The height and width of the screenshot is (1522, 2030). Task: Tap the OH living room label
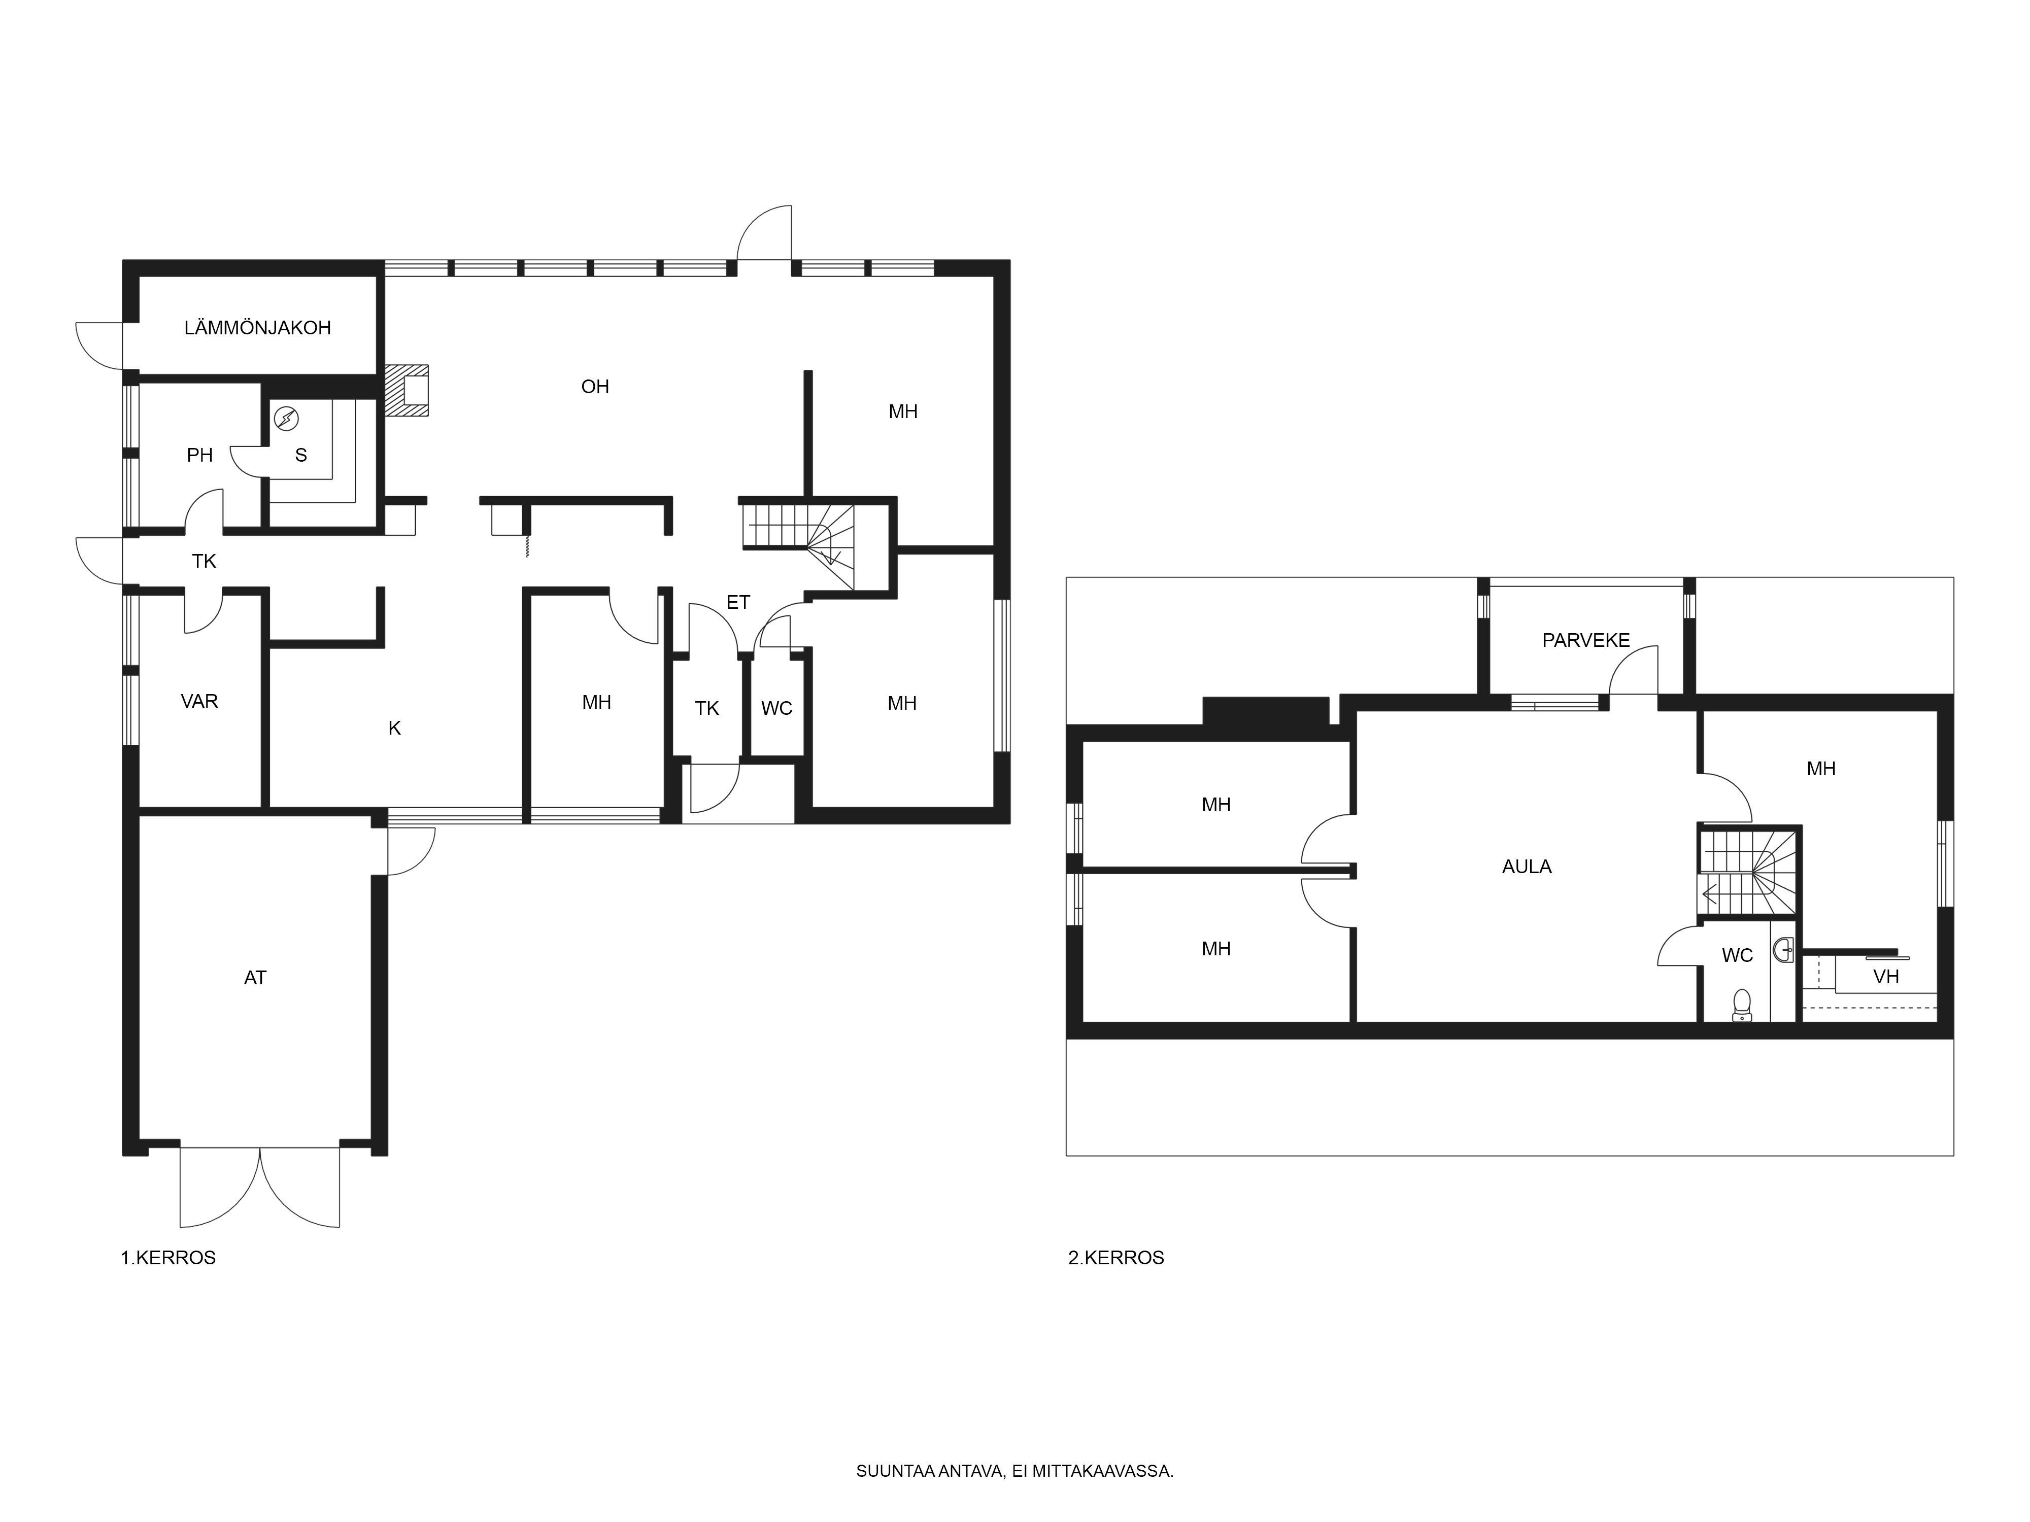pos(595,386)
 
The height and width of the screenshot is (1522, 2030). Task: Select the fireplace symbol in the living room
pos(407,390)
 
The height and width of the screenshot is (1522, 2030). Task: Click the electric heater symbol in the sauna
pos(286,419)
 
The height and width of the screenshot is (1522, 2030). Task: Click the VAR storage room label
pos(199,701)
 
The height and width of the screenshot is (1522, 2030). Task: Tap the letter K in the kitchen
pos(395,728)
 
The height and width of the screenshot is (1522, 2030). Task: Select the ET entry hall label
pos(738,602)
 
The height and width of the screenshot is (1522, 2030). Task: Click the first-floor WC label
pos(776,708)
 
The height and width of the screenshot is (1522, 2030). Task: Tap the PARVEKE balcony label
pos(1586,640)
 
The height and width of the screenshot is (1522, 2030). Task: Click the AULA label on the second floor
pos(1526,866)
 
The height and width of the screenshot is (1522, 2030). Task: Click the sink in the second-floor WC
pos(1783,950)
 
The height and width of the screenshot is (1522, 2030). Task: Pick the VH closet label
pos(1886,976)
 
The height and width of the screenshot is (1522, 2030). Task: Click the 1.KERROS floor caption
pos(168,1258)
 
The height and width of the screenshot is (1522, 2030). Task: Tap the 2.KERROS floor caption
pos(1116,1258)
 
